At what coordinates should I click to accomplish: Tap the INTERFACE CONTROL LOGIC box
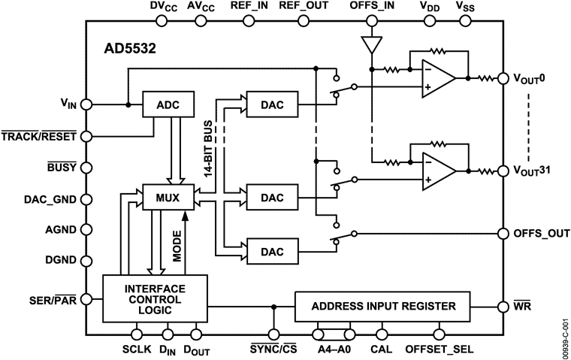click(154, 300)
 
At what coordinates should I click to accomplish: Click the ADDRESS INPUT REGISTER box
click(383, 306)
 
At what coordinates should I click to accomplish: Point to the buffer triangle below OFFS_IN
click(370, 44)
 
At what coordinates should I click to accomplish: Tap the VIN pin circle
click(85, 104)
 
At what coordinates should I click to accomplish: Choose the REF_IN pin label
click(249, 7)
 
